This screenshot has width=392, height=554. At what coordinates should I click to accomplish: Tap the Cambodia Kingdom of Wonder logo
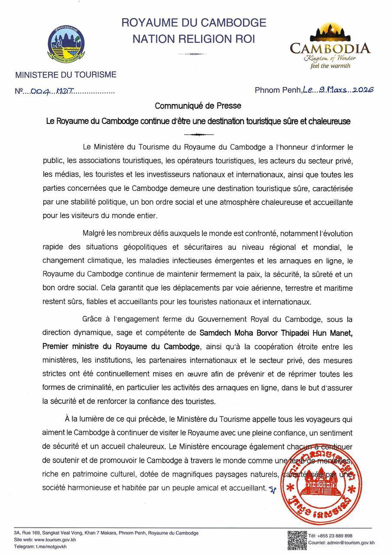(330, 45)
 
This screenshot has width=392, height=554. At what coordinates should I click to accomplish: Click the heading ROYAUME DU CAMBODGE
(194, 23)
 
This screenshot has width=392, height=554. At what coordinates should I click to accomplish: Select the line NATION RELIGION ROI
(194, 39)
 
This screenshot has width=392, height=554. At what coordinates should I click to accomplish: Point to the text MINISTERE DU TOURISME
(66, 75)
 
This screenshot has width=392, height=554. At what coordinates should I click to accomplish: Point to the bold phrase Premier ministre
(71, 347)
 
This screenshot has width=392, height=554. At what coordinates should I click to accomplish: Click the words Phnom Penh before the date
(278, 90)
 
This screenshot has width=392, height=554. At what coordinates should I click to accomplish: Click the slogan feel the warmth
(330, 66)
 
